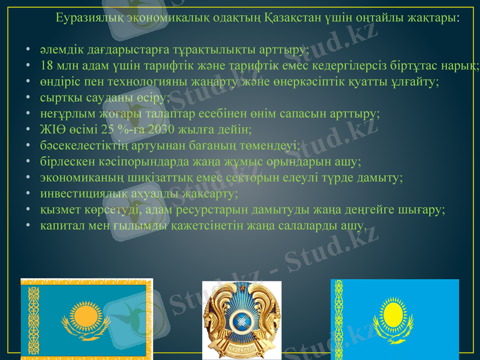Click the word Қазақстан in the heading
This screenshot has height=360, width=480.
(291, 17)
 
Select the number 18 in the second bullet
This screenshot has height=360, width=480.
(47, 65)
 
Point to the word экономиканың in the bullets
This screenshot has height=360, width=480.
(77, 178)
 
